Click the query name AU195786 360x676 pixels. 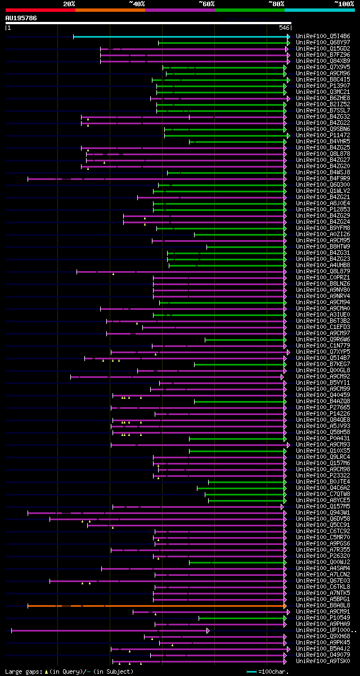(21, 18)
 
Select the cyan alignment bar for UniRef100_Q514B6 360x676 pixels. (180, 37)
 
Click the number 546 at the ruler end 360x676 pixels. (284, 28)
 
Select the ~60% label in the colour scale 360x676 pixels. (206, 4)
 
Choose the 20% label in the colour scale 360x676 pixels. (69, 4)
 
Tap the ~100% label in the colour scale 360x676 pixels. (344, 4)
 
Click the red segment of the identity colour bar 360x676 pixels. (40, 10)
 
